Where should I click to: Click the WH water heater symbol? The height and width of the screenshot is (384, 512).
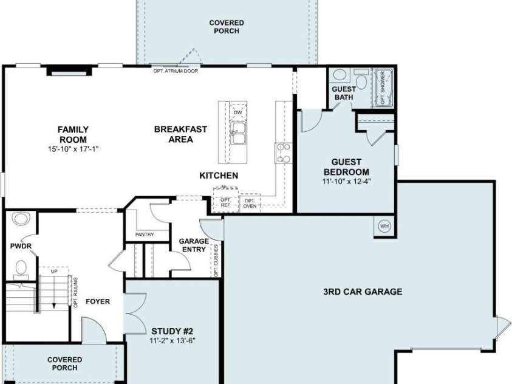click(x=384, y=226)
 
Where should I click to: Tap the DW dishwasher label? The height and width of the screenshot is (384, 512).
click(x=238, y=112)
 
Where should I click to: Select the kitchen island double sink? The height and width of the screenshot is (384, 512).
click(x=238, y=133)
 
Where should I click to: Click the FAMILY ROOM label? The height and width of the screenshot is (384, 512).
click(x=73, y=134)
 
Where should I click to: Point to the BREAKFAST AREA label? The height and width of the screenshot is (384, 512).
click(x=180, y=134)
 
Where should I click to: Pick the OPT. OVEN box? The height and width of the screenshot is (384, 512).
click(x=250, y=203)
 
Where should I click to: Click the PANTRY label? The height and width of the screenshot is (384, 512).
click(x=145, y=235)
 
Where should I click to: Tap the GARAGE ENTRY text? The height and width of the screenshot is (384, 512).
click(x=194, y=245)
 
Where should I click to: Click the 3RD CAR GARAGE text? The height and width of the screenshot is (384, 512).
click(x=363, y=292)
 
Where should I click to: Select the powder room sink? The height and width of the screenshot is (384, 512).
click(x=21, y=218)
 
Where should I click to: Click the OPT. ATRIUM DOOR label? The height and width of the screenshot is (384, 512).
click(x=176, y=71)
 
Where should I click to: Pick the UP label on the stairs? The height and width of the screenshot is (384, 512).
click(x=54, y=271)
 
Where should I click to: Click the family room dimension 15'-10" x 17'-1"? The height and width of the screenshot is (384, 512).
click(x=73, y=149)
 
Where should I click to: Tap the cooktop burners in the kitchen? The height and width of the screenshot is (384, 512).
click(x=284, y=153)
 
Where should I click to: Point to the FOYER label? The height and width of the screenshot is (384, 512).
click(x=98, y=301)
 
